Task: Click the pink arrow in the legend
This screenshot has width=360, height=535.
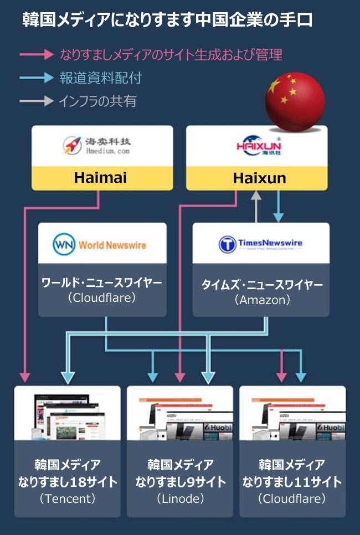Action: (x=37, y=55)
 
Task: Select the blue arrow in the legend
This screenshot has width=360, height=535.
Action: (x=37, y=78)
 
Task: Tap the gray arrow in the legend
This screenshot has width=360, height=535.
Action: (x=37, y=101)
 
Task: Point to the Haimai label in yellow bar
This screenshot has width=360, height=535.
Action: (x=101, y=178)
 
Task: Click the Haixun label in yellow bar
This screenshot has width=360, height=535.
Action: (x=260, y=178)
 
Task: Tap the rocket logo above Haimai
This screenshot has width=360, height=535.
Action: (x=71, y=146)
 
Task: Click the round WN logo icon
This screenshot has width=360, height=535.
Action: (x=64, y=244)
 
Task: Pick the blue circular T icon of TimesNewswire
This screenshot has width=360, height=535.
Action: (x=227, y=244)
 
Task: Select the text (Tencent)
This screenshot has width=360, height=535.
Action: (x=68, y=498)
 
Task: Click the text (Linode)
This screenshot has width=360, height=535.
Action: (x=181, y=498)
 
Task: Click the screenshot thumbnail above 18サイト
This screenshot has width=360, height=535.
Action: (x=67, y=413)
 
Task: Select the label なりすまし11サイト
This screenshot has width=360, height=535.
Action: (x=292, y=482)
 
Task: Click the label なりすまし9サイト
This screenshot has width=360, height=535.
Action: (x=181, y=482)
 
